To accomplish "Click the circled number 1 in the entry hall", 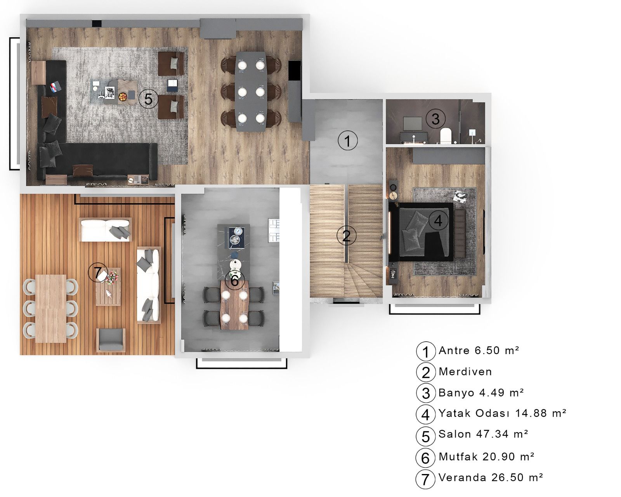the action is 347,141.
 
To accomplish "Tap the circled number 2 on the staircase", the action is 346,235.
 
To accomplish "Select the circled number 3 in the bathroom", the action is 435,118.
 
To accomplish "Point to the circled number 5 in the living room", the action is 148,99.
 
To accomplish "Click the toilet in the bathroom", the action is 446,136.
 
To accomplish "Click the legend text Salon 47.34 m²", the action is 483,434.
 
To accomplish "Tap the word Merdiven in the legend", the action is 465,371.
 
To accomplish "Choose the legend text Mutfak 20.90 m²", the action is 486,456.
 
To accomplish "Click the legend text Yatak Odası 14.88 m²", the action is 502,413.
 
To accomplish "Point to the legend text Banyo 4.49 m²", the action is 481,393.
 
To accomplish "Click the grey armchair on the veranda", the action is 111,340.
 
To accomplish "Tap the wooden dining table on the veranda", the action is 51,308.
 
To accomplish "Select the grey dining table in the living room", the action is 250,92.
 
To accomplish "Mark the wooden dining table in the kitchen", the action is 234,306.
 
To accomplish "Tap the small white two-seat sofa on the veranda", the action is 105,229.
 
